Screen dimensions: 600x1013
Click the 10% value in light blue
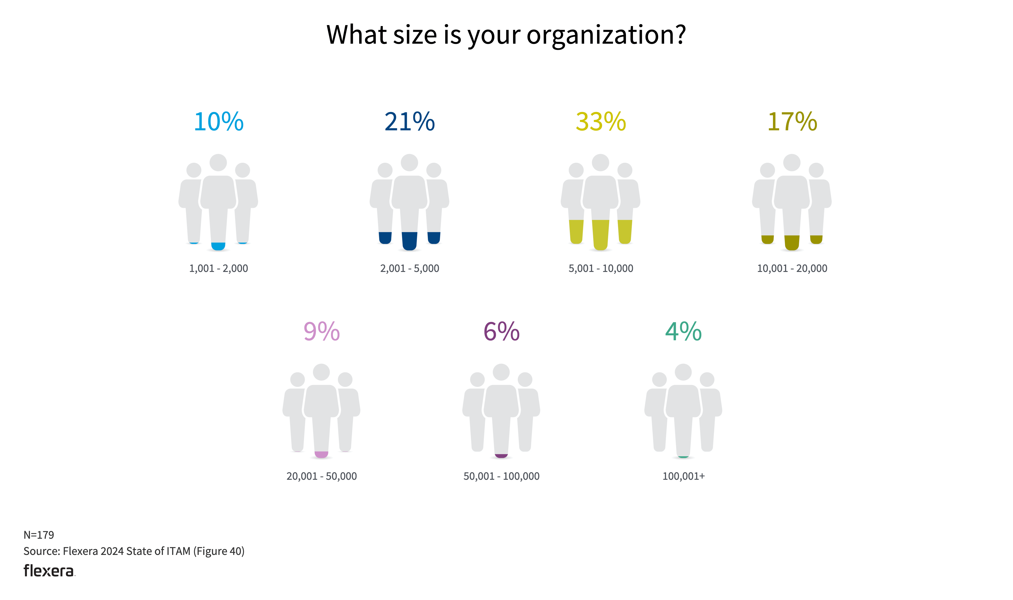click(218, 121)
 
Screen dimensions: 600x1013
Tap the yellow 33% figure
click(601, 121)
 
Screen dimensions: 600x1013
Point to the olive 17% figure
click(792, 121)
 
